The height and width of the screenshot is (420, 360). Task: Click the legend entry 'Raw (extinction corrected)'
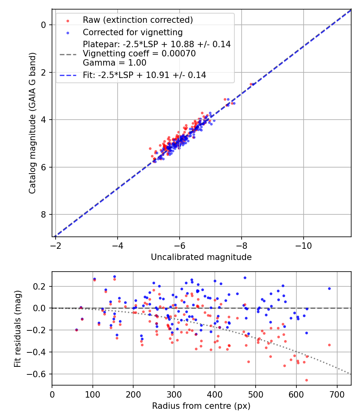pos(138,20)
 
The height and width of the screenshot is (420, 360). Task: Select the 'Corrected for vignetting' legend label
pos(132,32)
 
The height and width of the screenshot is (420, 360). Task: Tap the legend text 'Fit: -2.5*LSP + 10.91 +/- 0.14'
pos(144,75)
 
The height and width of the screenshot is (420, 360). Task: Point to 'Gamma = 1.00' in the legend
pos(114,63)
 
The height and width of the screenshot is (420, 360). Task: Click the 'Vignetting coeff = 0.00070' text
pos(139,54)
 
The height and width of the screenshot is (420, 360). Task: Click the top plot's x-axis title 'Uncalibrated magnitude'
pos(201,257)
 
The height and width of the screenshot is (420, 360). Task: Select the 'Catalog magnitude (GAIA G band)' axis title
pos(32,123)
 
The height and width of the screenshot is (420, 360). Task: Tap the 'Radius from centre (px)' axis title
pos(201,406)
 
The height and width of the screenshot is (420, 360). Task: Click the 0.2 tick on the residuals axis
pos(42,286)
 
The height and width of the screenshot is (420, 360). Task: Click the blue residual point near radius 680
pos(329,288)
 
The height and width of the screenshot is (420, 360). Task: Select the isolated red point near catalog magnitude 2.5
pos(251,84)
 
